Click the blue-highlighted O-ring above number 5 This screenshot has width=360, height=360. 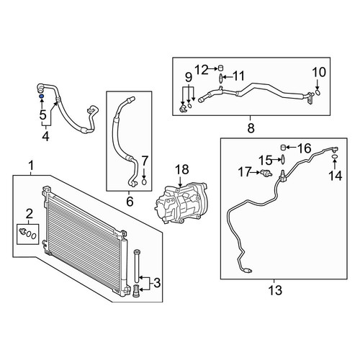41,96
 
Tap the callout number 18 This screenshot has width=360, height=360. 182,169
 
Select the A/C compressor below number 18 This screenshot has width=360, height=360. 181,203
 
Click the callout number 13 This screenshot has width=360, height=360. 275,290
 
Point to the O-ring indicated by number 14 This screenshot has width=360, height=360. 335,157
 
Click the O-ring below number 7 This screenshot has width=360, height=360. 144,182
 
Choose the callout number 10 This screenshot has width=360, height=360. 319,72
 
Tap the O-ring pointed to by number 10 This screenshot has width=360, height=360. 318,93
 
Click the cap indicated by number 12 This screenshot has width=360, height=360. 221,68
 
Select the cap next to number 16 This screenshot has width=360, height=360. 283,148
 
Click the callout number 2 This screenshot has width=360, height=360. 29,213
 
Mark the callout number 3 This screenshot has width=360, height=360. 157,283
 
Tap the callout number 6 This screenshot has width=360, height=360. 130,201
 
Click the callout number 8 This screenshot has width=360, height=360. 251,127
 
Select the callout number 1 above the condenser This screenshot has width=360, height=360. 31,166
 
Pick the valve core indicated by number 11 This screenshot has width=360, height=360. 221,78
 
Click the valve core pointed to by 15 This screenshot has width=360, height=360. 283,159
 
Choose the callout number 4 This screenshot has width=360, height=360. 45,137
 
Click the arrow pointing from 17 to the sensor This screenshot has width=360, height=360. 256,172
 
